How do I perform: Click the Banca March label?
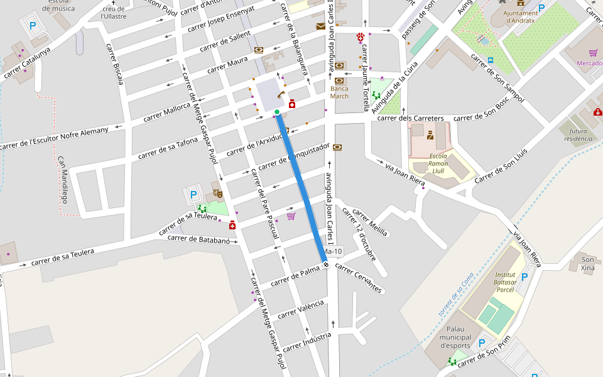coord(339,92)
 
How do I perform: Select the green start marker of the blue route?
coord(277,112)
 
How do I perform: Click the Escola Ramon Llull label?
coord(438,163)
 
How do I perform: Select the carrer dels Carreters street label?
coord(410,118)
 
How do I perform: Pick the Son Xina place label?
coord(588,264)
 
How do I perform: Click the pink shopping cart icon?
coord(291,216)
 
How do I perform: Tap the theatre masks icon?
coord(217,193)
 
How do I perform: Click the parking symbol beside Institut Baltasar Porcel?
coord(524,276)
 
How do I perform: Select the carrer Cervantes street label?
coord(359,277)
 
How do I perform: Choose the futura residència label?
coord(577,134)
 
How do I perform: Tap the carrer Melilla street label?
coord(370,221)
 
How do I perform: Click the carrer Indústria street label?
coord(307,342)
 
